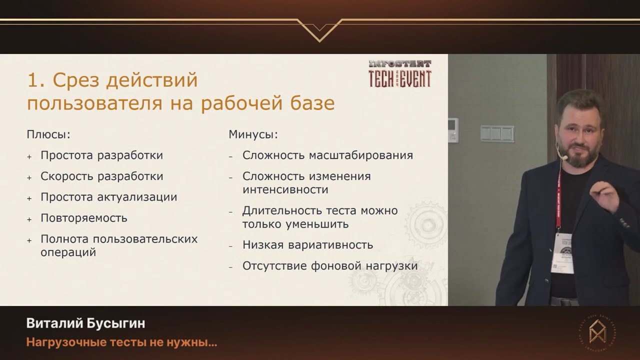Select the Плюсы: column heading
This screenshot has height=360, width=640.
(x=48, y=134)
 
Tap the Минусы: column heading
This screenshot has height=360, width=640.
(x=253, y=134)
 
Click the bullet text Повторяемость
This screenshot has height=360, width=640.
(x=84, y=218)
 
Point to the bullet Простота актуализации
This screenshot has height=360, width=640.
(x=109, y=197)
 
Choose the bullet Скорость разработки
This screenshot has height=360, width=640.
(x=102, y=176)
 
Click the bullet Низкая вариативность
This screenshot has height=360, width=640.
(x=307, y=245)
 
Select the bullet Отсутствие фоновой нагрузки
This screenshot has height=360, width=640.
(x=330, y=266)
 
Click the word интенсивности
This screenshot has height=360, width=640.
(x=285, y=190)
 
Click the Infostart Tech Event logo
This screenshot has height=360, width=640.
(x=399, y=74)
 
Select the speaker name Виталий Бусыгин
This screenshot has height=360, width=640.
(x=85, y=323)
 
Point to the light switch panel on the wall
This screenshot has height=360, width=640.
(x=497, y=133)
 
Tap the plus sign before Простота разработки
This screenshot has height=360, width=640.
(x=29, y=156)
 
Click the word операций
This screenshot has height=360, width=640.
(x=68, y=252)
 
